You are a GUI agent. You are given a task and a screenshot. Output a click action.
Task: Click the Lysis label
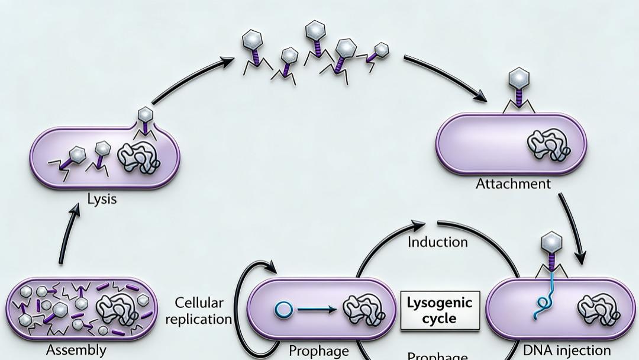(102, 199)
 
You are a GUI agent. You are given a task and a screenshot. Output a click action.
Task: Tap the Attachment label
(513, 184)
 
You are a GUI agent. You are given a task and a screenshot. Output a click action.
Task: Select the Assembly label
(77, 350)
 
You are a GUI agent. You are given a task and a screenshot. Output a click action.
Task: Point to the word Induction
(438, 242)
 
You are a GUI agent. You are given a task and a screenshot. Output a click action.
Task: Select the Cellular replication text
(199, 311)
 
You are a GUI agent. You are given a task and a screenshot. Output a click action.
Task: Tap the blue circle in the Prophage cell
(283, 308)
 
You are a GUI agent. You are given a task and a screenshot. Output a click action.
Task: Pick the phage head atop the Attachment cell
(519, 78)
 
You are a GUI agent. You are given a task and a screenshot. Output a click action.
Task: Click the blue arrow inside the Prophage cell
(317, 308)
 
